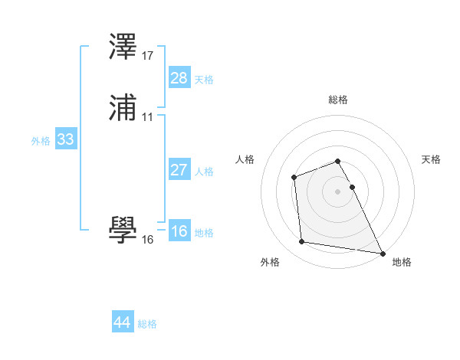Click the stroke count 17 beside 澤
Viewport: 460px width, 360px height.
[148, 56]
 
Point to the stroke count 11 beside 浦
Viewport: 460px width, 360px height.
[148, 117]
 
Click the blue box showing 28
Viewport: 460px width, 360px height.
[179, 77]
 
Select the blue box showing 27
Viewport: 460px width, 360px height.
[179, 170]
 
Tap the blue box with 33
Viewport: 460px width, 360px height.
[65, 139]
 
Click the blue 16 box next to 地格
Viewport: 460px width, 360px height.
[179, 231]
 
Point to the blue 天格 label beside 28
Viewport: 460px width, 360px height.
[204, 79]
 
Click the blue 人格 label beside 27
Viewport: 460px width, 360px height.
[204, 172]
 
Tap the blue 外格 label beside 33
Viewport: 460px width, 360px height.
[41, 141]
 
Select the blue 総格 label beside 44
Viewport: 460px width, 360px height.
[147, 324]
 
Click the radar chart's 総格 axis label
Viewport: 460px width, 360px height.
[338, 100]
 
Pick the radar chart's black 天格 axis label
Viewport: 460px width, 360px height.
[432, 159]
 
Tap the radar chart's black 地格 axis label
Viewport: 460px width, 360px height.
[402, 262]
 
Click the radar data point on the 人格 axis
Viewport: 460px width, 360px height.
[294, 178]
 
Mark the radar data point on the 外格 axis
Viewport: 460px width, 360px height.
[302, 242]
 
